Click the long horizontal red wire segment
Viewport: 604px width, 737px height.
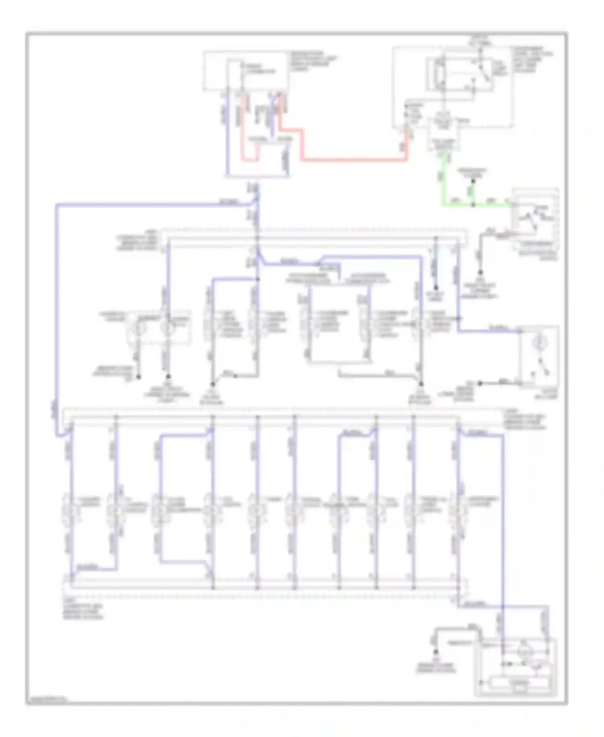pos(354,159)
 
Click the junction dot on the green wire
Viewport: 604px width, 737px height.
pos(474,205)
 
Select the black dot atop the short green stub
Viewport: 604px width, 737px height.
pos(474,181)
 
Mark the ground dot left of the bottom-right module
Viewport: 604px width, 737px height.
pos(435,652)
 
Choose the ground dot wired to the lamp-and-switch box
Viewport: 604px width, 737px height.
pos(480,383)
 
